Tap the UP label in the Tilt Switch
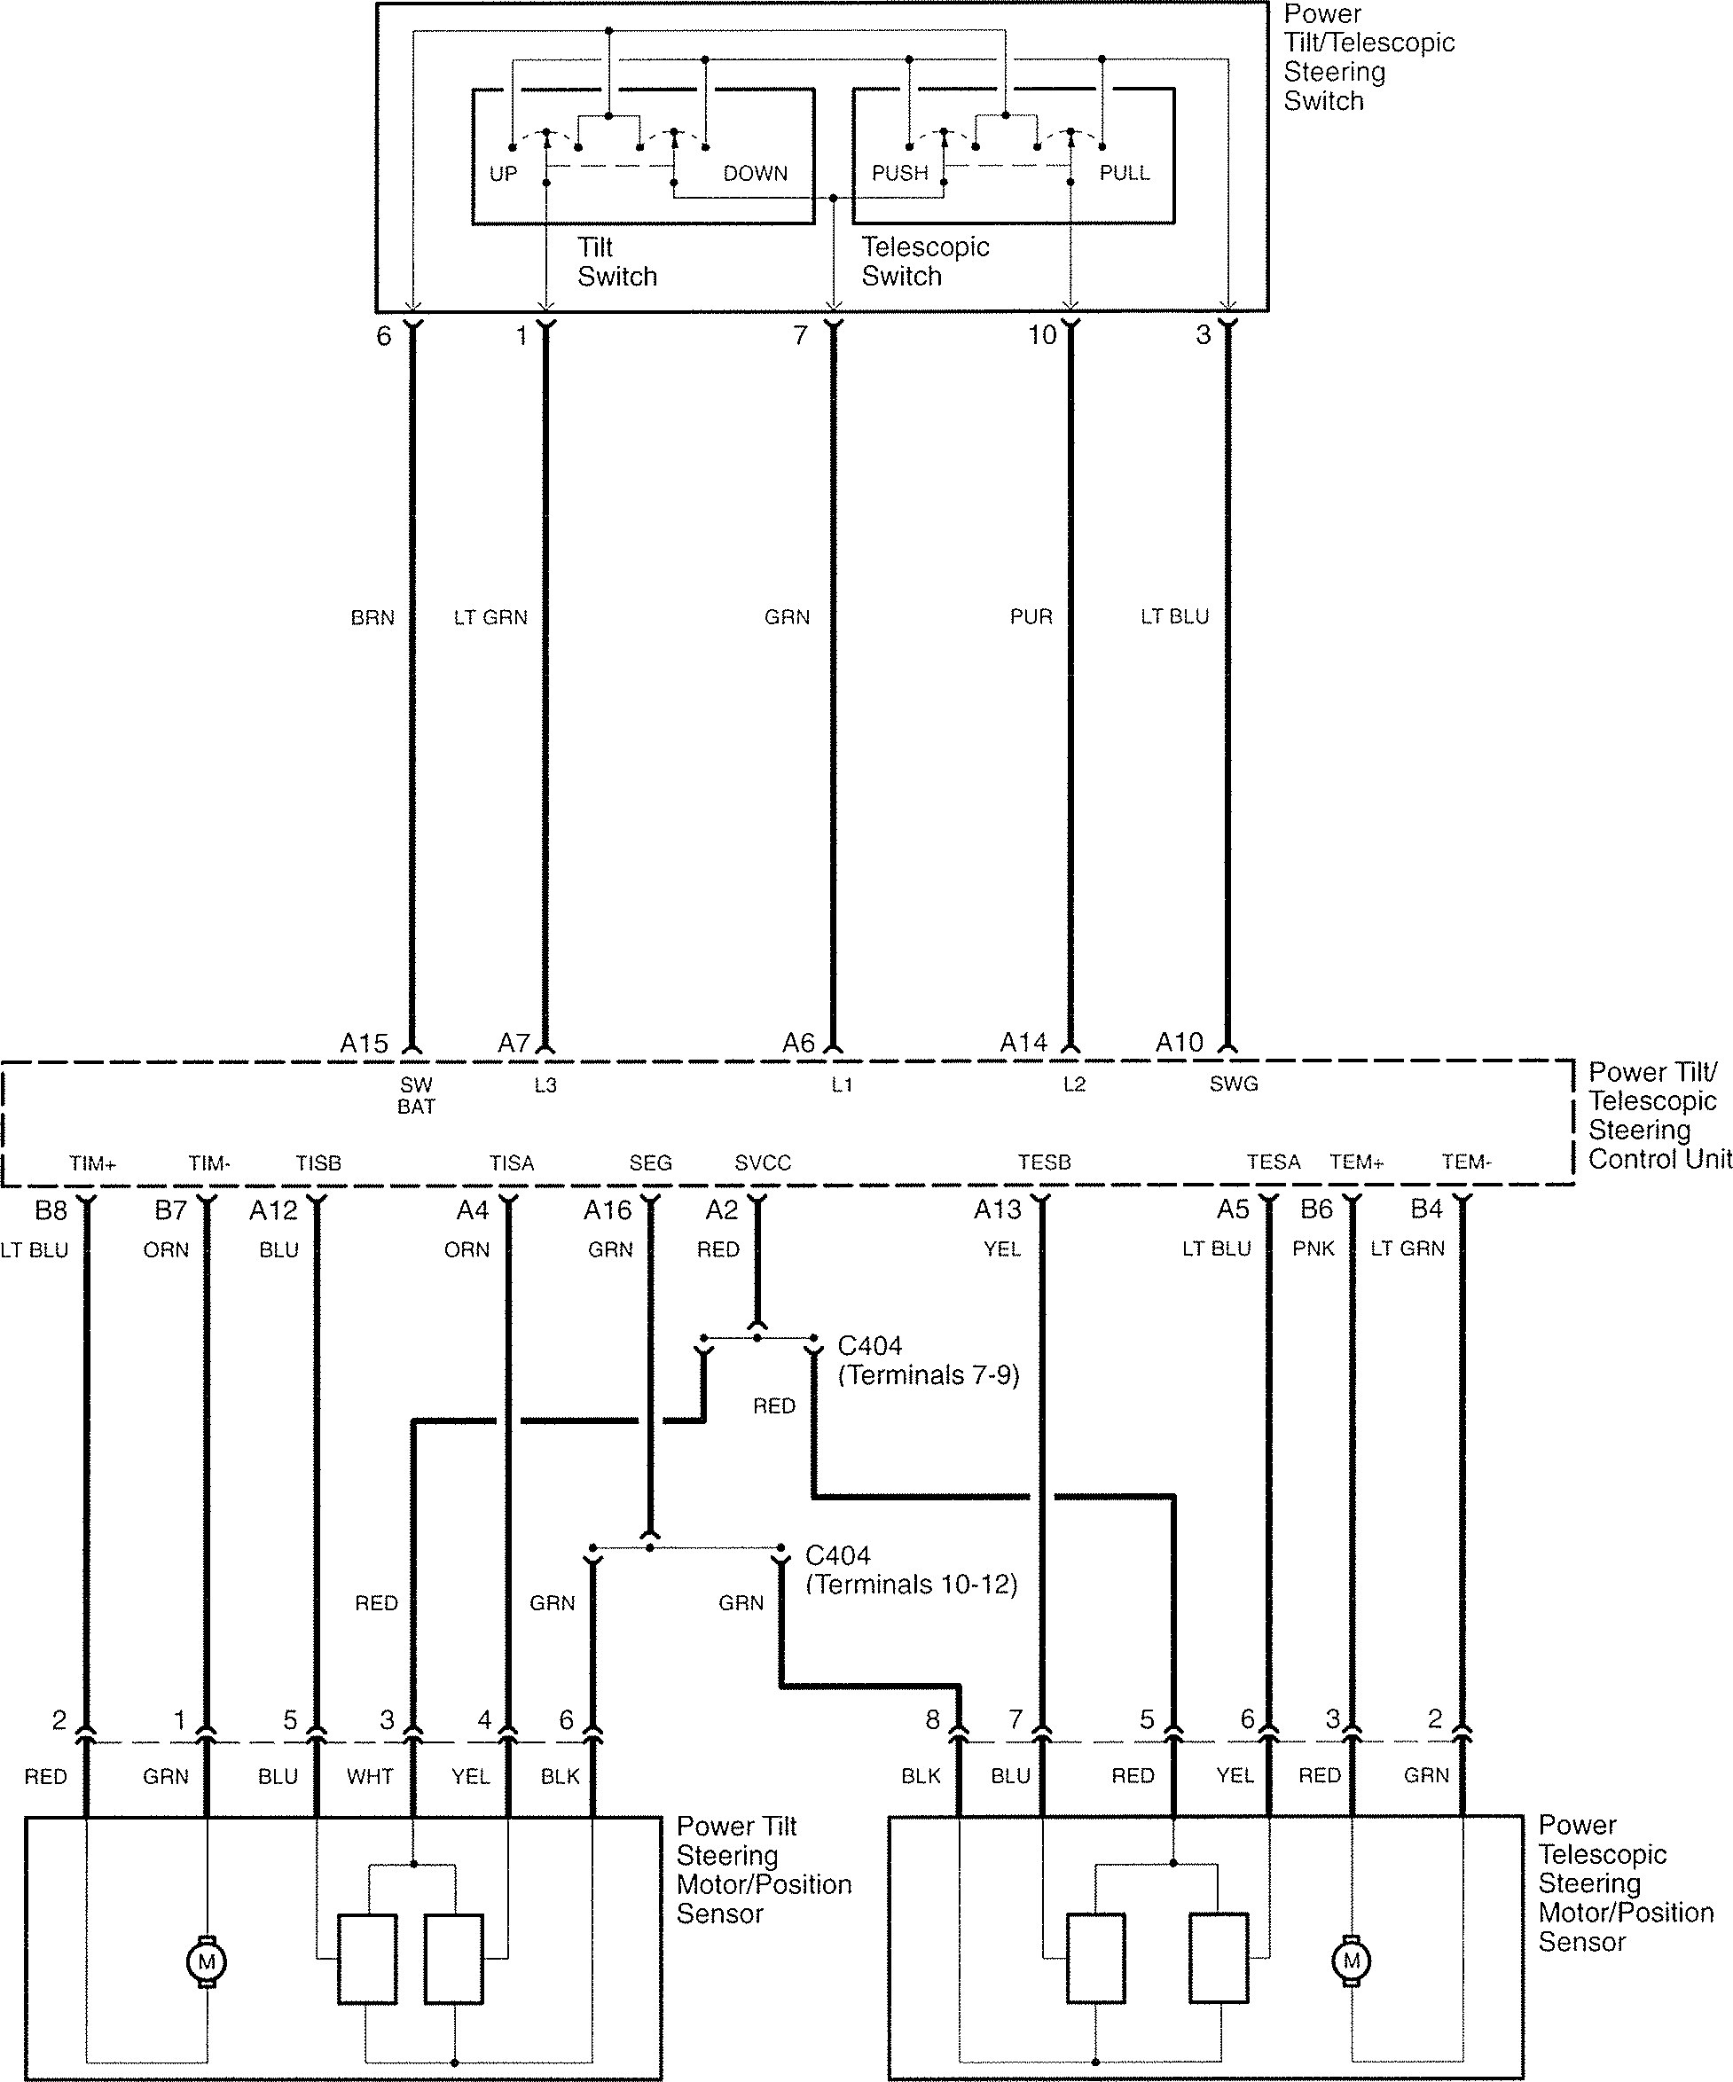pos(503,174)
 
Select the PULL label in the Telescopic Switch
pos(1125,173)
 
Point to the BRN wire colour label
pos(372,618)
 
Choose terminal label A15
pos(364,1043)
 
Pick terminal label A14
pos(1023,1043)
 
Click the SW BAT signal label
pos(416,1095)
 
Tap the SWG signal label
pos(1234,1084)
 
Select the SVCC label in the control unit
pos(763,1162)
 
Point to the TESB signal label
pos(1044,1162)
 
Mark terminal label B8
pos(51,1209)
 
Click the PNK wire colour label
pos(1313,1249)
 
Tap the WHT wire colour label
pos(370,1776)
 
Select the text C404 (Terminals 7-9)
pos(928,1360)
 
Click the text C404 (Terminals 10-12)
pos(910,1569)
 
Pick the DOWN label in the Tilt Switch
pos(755,174)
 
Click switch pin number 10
pos(1042,335)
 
